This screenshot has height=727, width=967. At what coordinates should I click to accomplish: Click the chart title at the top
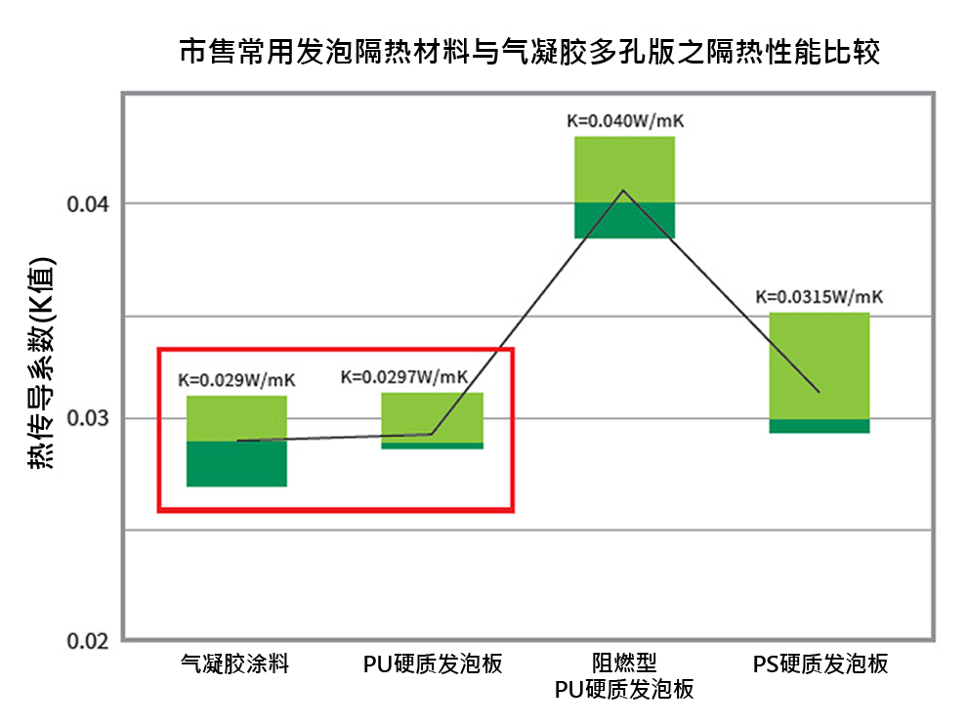click(530, 52)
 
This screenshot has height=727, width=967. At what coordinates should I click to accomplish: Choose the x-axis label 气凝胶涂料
click(235, 664)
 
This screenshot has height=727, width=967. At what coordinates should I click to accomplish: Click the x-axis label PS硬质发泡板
click(820, 664)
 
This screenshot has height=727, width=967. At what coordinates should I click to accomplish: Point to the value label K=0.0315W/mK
click(819, 297)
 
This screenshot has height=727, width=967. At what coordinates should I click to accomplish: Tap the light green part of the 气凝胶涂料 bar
click(236, 417)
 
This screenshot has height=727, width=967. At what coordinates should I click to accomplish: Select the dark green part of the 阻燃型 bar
click(624, 220)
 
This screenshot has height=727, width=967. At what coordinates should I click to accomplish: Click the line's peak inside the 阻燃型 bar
click(623, 191)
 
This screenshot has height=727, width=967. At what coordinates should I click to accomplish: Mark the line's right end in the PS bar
click(819, 392)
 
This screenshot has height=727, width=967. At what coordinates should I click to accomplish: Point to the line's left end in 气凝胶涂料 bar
click(238, 441)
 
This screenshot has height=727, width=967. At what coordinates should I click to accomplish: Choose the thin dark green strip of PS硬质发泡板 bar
click(819, 426)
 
